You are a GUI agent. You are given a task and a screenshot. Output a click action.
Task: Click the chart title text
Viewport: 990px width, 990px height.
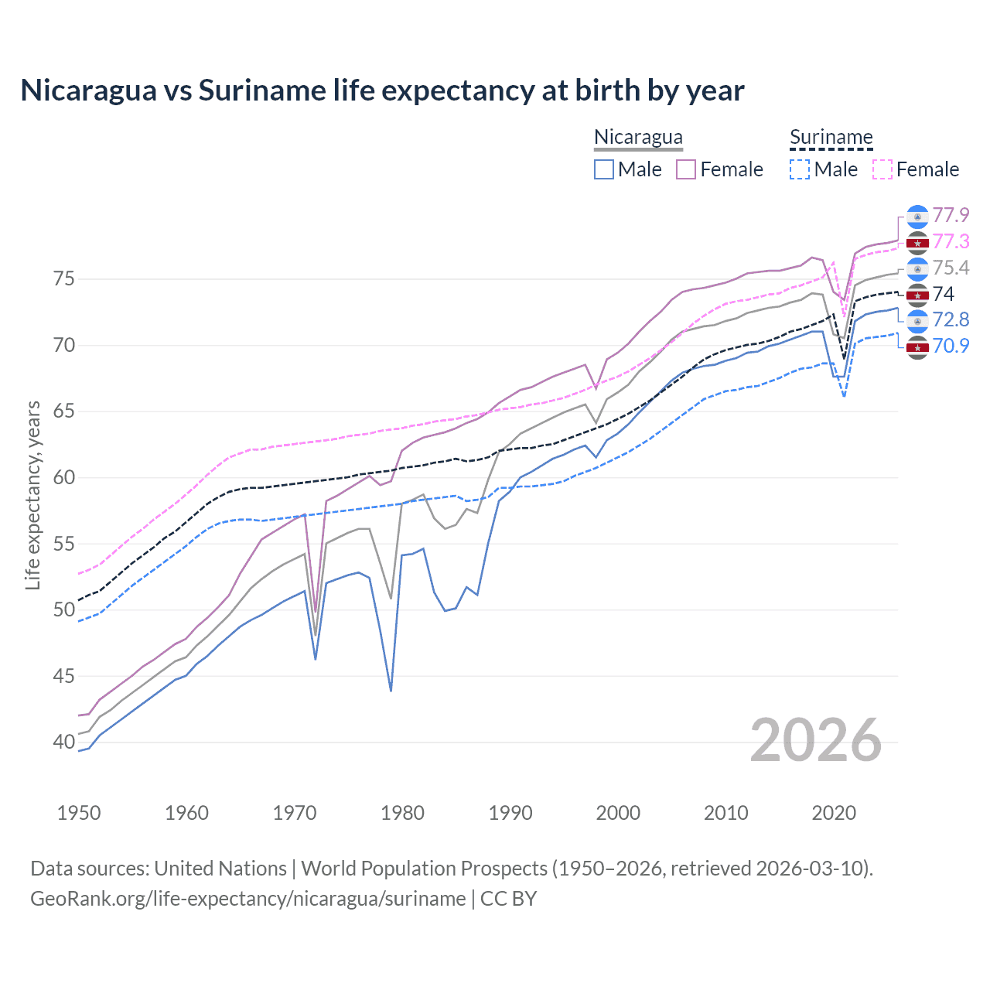pos(382,90)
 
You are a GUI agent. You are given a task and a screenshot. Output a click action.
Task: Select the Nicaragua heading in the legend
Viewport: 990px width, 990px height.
pos(638,137)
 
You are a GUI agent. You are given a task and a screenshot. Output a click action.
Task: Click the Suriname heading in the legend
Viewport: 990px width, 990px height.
pos(831,137)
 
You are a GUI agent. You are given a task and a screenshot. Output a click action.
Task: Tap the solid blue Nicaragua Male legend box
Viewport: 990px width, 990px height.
pos(604,169)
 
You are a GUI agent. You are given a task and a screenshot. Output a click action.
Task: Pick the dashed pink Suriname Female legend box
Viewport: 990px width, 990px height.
pos(882,169)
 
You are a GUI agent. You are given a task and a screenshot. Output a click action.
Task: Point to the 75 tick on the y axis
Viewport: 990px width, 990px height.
pos(64,278)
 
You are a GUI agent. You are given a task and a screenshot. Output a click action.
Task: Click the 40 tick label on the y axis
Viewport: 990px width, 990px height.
pos(64,742)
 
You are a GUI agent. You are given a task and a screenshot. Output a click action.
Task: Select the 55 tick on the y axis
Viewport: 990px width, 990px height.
pos(64,544)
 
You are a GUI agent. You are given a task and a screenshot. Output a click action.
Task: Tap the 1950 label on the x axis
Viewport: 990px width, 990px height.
pos(79,813)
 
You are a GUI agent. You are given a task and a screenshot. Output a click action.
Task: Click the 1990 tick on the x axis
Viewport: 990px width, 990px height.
pos(510,813)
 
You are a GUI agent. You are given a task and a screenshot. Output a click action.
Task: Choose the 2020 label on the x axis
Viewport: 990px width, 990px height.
pos(834,813)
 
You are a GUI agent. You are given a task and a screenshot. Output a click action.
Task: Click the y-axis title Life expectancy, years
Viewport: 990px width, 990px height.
pos(32,495)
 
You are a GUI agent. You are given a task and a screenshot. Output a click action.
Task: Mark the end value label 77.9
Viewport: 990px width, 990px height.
pos(951,215)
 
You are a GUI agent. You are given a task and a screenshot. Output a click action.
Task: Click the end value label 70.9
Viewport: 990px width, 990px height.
pos(951,346)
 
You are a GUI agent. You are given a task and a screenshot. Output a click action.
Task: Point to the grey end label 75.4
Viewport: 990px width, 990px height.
pos(951,268)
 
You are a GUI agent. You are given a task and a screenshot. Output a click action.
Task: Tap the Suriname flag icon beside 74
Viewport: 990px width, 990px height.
pos(917,295)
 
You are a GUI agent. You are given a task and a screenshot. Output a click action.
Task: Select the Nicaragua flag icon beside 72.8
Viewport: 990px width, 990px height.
pos(917,320)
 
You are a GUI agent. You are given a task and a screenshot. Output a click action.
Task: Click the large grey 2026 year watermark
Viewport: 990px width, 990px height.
pos(815,740)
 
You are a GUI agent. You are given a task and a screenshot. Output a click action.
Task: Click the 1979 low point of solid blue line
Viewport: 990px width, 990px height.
pos(391,691)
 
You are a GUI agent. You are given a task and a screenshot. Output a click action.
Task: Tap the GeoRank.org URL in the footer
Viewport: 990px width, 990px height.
pos(247,899)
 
